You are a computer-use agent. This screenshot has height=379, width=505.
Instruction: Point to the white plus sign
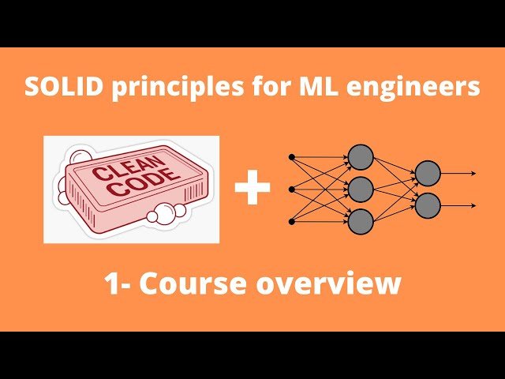point(252,189)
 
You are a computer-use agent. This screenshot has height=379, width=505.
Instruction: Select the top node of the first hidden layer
point(360,156)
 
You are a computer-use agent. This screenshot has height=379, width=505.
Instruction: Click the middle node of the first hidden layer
point(360,189)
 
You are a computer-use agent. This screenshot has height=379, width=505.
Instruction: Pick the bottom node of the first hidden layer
point(360,222)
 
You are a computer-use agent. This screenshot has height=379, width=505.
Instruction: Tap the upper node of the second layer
point(427,173)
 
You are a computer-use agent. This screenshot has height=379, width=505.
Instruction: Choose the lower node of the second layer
point(427,205)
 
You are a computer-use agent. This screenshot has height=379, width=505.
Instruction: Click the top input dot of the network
point(292,156)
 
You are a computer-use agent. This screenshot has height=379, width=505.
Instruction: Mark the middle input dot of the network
point(292,189)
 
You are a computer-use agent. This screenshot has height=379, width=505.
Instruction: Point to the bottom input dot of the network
point(292,222)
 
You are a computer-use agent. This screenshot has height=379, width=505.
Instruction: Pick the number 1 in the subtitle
point(111,283)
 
